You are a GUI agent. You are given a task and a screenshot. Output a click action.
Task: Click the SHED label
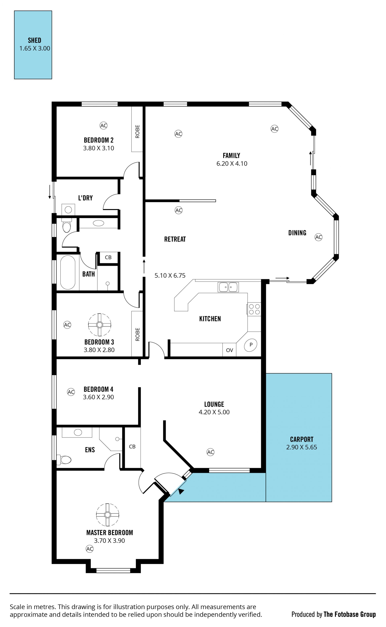coord(34,40)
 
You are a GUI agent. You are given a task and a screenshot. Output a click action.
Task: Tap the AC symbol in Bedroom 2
coord(103,126)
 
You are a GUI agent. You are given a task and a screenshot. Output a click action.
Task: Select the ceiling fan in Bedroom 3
coord(100,325)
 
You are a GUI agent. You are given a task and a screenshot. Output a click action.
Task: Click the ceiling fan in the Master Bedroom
coord(108,515)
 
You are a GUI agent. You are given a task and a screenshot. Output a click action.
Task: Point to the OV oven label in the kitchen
coord(230,350)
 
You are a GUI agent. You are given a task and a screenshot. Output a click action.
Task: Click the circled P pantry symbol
coord(251,345)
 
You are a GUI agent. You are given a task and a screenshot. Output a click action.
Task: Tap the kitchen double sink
coord(228,287)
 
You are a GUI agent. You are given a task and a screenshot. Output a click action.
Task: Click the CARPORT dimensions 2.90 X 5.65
coord(302,447)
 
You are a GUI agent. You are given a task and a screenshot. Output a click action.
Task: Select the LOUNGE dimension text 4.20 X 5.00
coord(214,412)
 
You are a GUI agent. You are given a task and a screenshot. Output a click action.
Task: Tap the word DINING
coord(297,233)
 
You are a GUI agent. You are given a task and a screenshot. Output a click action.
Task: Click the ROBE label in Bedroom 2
coord(138,131)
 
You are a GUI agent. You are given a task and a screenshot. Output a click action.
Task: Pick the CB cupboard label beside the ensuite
coord(132,447)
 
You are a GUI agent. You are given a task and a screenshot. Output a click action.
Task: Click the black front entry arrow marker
coord(181,491)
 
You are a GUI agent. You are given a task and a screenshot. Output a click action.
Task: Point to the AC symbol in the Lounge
coord(210,452)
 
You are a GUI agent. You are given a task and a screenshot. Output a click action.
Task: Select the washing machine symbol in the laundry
coord(68,210)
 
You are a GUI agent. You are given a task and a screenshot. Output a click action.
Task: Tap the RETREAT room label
coord(175,239)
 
